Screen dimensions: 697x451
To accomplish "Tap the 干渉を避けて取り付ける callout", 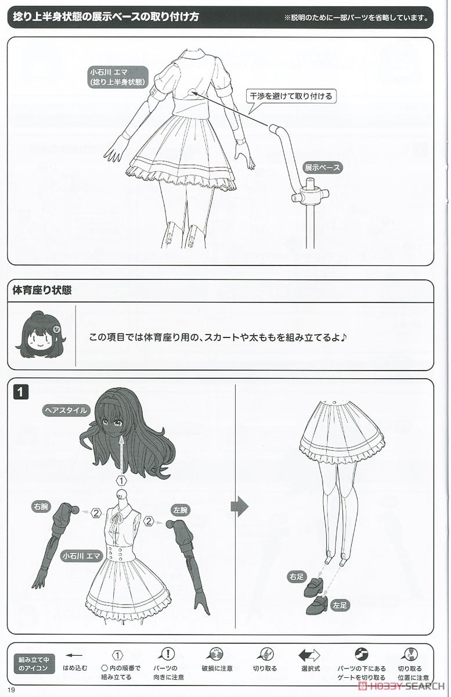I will tap(292, 96).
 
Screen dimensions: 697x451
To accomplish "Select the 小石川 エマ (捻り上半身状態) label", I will tap(117, 77).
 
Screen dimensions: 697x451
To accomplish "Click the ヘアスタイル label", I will tap(66, 410).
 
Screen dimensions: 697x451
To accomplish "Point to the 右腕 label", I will tap(40, 506).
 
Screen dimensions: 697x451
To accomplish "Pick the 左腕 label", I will tap(181, 511).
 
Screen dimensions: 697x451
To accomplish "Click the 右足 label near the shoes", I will tap(296, 577).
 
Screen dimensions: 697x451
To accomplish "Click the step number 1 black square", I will tap(20, 392).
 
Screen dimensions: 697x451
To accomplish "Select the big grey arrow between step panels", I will tap(239, 507).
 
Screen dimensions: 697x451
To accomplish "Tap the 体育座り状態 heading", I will tap(42, 290).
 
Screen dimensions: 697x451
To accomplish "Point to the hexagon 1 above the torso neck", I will tap(121, 481).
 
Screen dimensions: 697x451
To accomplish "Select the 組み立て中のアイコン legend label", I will tap(34, 664).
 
